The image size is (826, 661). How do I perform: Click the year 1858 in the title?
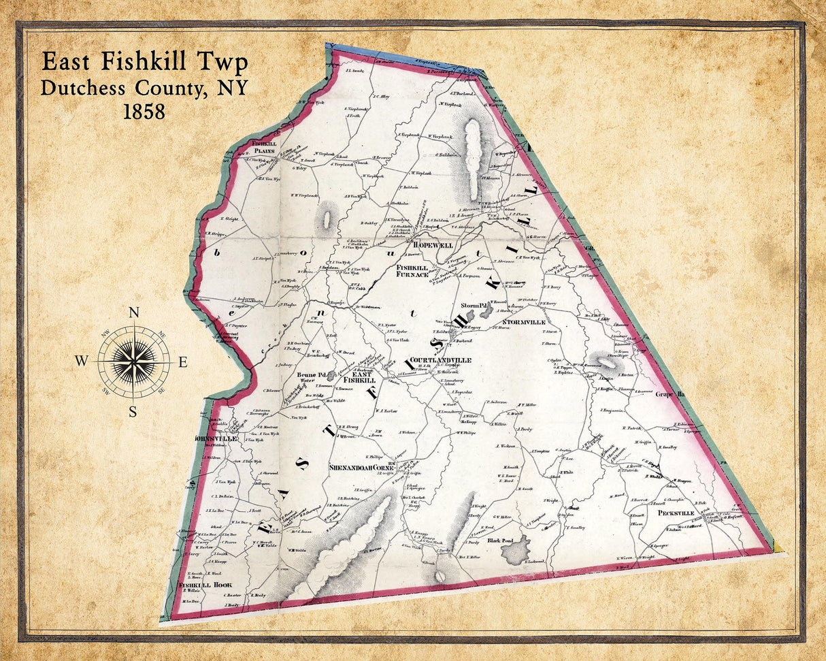(x=144, y=112)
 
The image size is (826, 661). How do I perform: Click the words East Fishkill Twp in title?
(x=144, y=62)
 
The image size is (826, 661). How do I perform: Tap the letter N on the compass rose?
(x=134, y=313)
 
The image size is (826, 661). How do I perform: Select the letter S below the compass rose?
(x=133, y=411)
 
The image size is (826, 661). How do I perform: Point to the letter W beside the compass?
(x=81, y=362)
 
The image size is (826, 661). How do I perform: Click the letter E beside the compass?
(x=183, y=362)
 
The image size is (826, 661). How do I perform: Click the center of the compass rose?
(x=134, y=361)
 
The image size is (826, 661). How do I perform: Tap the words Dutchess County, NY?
(x=144, y=88)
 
